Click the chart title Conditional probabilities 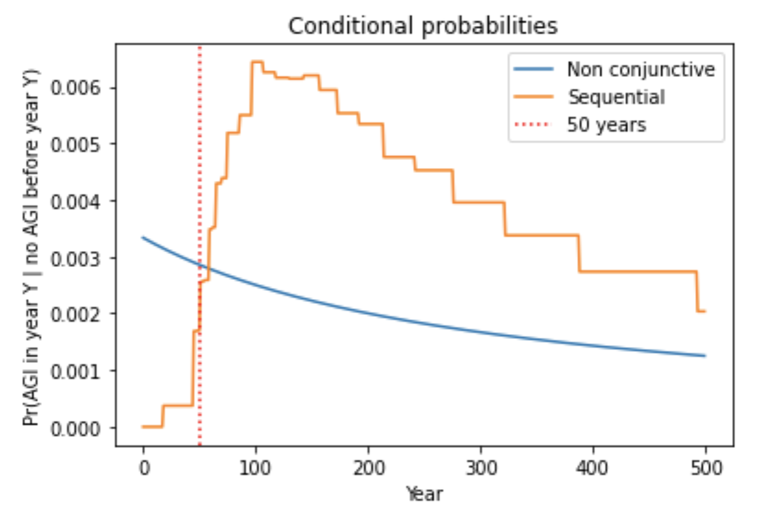[423, 26]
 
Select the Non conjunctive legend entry [640, 69]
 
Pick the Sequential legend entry [616, 97]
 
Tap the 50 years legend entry [606, 125]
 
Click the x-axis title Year [424, 493]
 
